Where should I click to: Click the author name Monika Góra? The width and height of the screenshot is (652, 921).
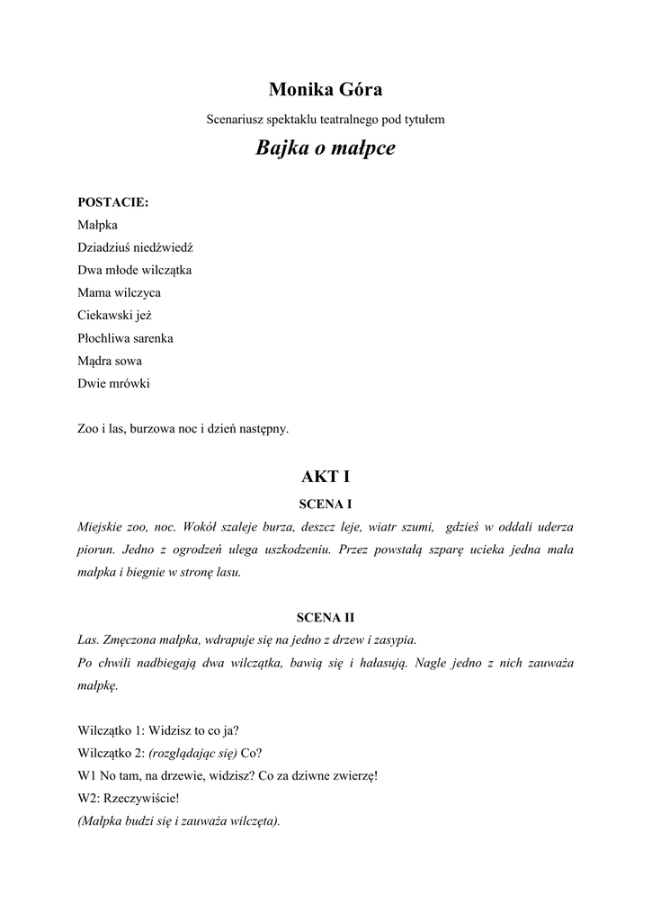[326, 89]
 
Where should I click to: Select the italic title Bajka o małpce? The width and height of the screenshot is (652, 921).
[326, 147]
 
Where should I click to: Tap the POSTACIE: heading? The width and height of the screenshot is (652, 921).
[113, 201]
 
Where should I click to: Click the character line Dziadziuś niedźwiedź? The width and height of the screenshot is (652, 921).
[136, 246]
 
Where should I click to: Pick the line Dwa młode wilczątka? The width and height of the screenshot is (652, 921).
[135, 270]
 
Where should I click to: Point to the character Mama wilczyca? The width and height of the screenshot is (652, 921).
[120, 292]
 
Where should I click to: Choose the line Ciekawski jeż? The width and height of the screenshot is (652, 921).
[115, 316]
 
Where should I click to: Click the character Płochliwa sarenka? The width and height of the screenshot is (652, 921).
[126, 338]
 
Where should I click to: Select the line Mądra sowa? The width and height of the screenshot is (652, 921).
[110, 361]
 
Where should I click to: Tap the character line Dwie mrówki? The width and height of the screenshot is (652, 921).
[113, 383]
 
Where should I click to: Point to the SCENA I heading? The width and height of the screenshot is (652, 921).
[326, 504]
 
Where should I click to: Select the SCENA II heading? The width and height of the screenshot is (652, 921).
[326, 618]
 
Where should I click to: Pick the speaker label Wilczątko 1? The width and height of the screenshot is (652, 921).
[111, 730]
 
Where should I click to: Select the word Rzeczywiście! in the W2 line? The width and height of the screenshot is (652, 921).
[142, 798]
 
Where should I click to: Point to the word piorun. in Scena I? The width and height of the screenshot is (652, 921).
[95, 549]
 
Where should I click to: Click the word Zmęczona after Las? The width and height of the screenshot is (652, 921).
[128, 640]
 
